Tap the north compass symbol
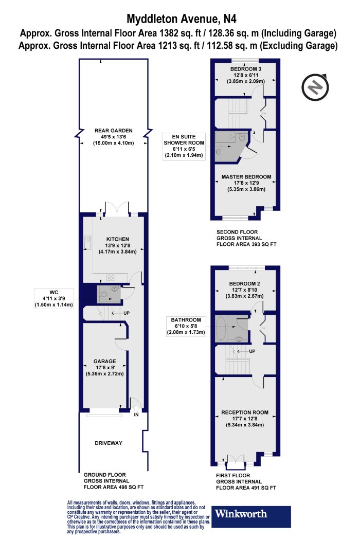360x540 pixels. [x=315, y=87]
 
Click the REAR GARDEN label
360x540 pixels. [x=113, y=131]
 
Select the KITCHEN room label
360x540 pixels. [x=117, y=239]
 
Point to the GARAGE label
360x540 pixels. [x=105, y=361]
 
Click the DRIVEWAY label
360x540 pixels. [x=109, y=443]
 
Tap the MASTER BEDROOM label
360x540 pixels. [x=246, y=177]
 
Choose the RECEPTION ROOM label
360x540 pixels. [x=245, y=412]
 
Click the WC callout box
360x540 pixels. [x=53, y=298]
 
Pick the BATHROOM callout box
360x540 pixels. [x=186, y=326]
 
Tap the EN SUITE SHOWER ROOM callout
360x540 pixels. [x=184, y=146]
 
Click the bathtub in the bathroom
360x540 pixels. [x=221, y=329]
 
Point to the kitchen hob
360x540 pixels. [x=111, y=277]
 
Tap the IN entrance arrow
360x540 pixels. [x=136, y=409]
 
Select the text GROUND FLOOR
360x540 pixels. [x=105, y=475]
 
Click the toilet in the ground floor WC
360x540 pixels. [x=102, y=295]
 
